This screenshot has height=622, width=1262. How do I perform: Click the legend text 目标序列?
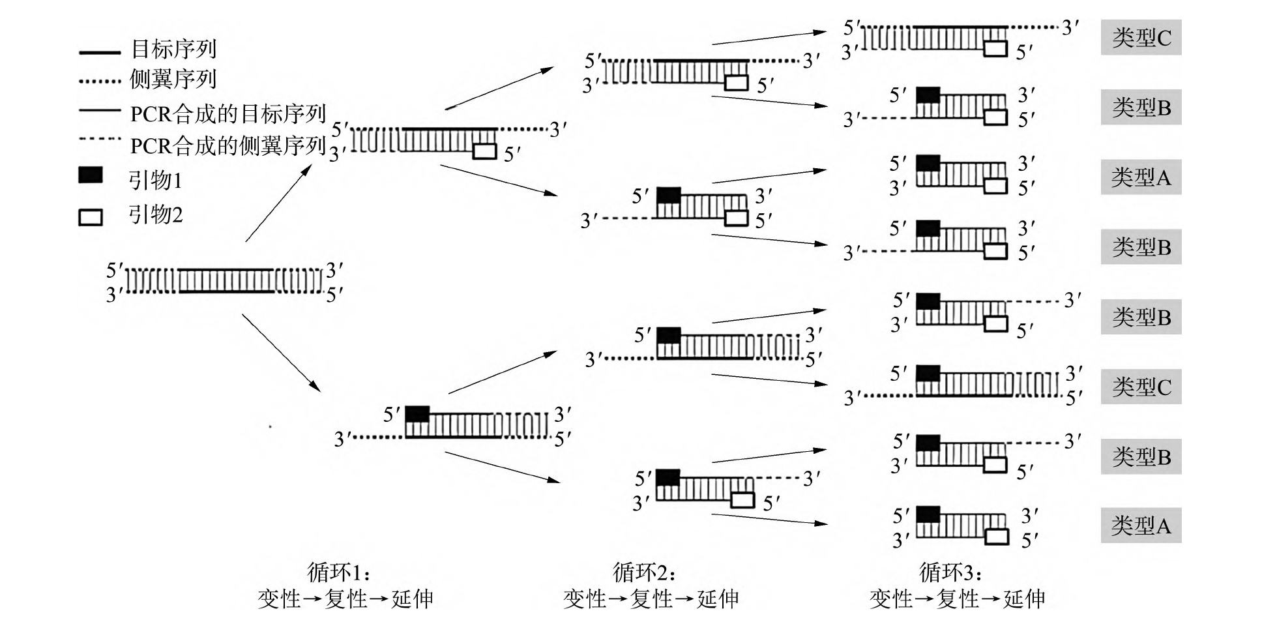pos(173,49)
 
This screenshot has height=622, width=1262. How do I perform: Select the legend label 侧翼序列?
pos(173,80)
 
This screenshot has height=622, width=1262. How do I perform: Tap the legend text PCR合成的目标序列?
pos(227,113)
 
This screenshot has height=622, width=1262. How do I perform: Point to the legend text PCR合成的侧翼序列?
pos(227,145)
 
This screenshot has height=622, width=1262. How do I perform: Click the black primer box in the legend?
pos(91,175)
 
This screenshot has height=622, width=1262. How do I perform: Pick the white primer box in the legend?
pos(91,216)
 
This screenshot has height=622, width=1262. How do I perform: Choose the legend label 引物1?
pos(155,179)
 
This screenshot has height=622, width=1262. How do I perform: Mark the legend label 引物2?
pos(155,214)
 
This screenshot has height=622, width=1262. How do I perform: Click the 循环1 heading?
pos(340,572)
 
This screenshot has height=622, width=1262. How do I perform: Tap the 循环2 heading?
pos(645,572)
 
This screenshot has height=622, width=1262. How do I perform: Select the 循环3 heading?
pos(951,572)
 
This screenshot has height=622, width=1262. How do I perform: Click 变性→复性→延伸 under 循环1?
pos(345,599)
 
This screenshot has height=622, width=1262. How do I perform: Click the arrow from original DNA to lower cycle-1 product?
pos(282,353)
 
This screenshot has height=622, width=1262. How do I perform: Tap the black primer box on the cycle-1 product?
pos(417,414)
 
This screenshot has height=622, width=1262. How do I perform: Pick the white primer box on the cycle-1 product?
pos(484,151)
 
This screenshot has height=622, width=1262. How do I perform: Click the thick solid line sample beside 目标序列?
pos(100,52)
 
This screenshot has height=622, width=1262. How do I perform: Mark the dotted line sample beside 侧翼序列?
pos(100,82)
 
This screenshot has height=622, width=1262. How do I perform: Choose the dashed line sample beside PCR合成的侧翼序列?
pos(100,139)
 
